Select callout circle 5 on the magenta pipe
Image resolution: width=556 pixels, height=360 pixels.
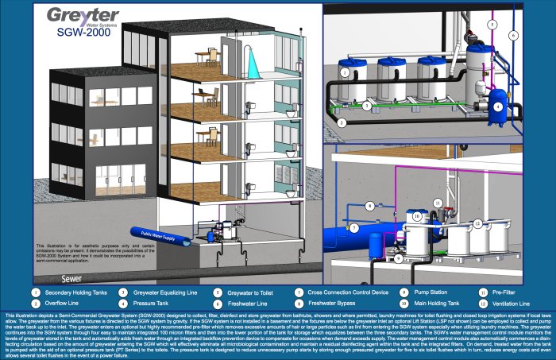point(492,25)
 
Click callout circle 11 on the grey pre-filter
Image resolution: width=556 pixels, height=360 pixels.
point(438,203)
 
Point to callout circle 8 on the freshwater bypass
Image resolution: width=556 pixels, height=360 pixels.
point(369,206)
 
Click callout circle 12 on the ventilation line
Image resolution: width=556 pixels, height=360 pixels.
point(477,223)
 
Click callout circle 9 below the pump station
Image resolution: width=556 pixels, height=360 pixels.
point(400,257)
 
